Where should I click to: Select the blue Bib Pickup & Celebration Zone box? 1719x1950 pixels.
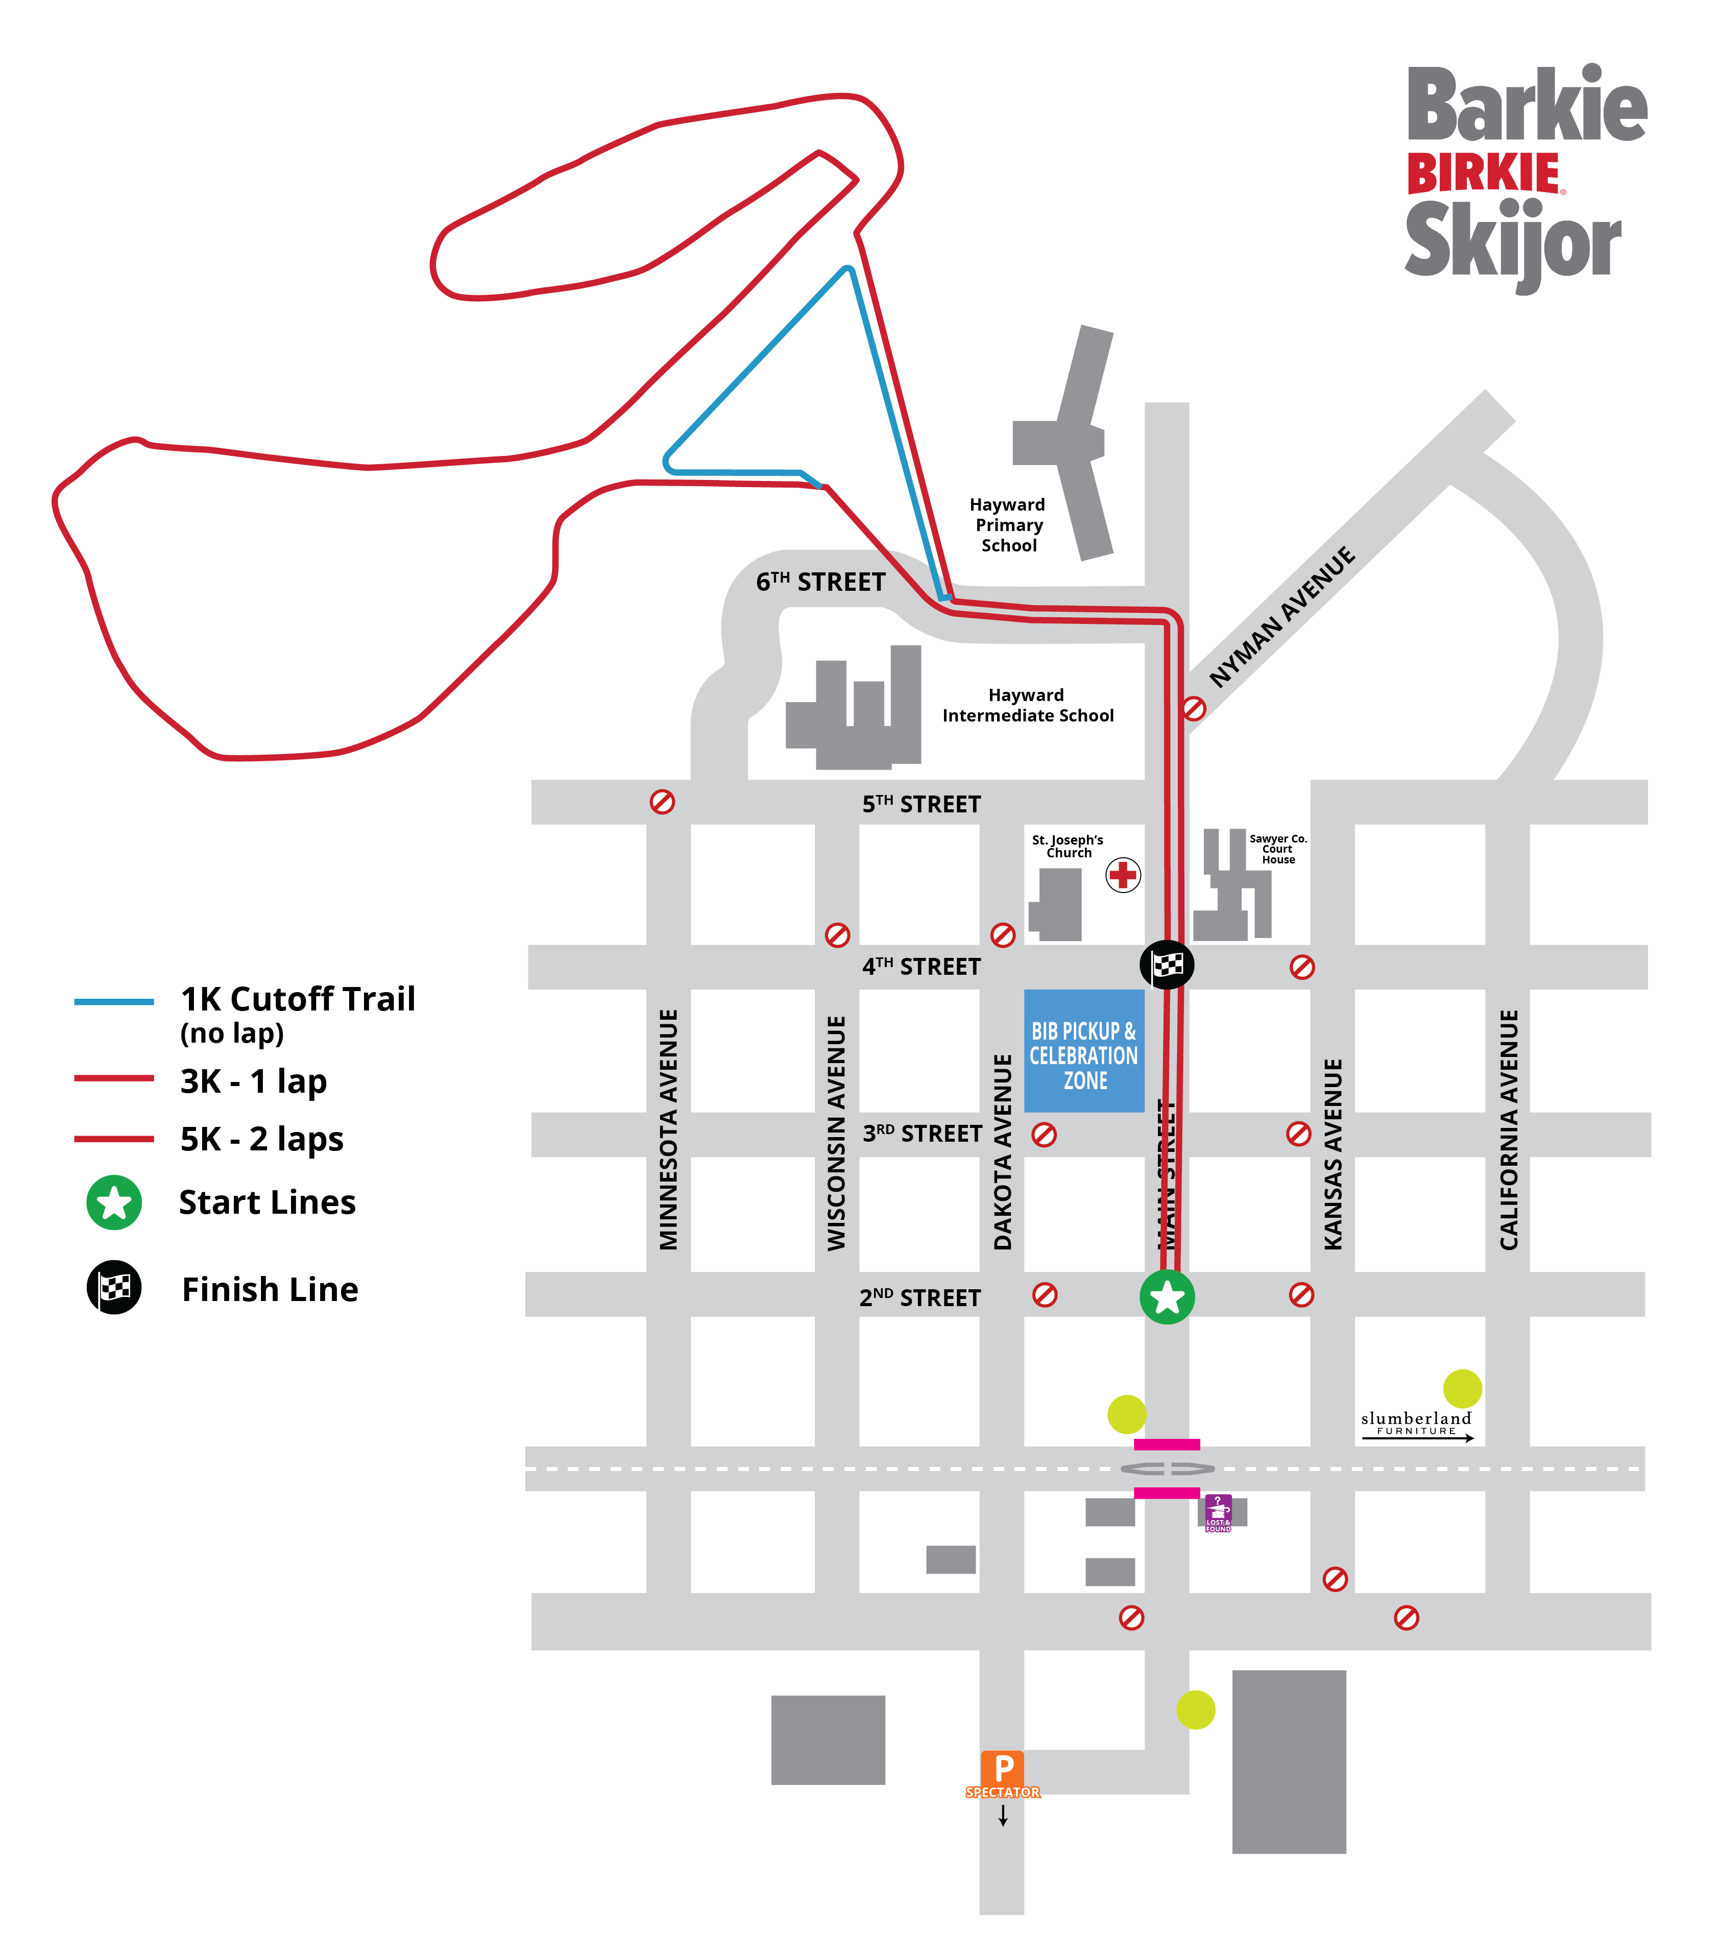[1084, 1050]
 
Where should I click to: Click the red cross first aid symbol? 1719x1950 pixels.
[1123, 874]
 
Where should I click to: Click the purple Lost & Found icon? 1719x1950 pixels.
[1218, 1512]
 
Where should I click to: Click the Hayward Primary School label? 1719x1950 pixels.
[1008, 525]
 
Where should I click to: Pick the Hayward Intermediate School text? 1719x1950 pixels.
[1027, 705]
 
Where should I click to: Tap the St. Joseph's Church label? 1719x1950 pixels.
[1068, 846]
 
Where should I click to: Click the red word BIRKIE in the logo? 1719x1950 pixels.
[1483, 175]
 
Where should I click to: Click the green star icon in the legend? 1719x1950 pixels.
[114, 1202]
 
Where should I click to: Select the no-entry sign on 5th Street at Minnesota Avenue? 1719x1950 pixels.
[662, 801]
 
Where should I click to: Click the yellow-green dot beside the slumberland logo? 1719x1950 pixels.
[1462, 1388]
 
